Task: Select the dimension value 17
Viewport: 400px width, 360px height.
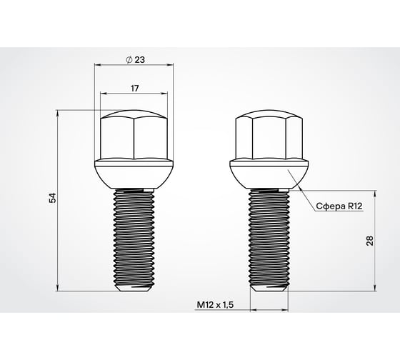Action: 135,88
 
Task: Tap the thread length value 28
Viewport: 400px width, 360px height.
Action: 369,241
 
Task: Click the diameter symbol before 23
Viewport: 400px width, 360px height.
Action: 129,60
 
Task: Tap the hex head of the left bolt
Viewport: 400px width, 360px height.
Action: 134,136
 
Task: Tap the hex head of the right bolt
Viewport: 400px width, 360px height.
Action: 269,136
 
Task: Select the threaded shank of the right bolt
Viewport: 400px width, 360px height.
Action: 269,236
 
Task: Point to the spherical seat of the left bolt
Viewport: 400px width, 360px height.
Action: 134,174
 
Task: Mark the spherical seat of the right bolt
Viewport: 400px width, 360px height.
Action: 269,174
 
